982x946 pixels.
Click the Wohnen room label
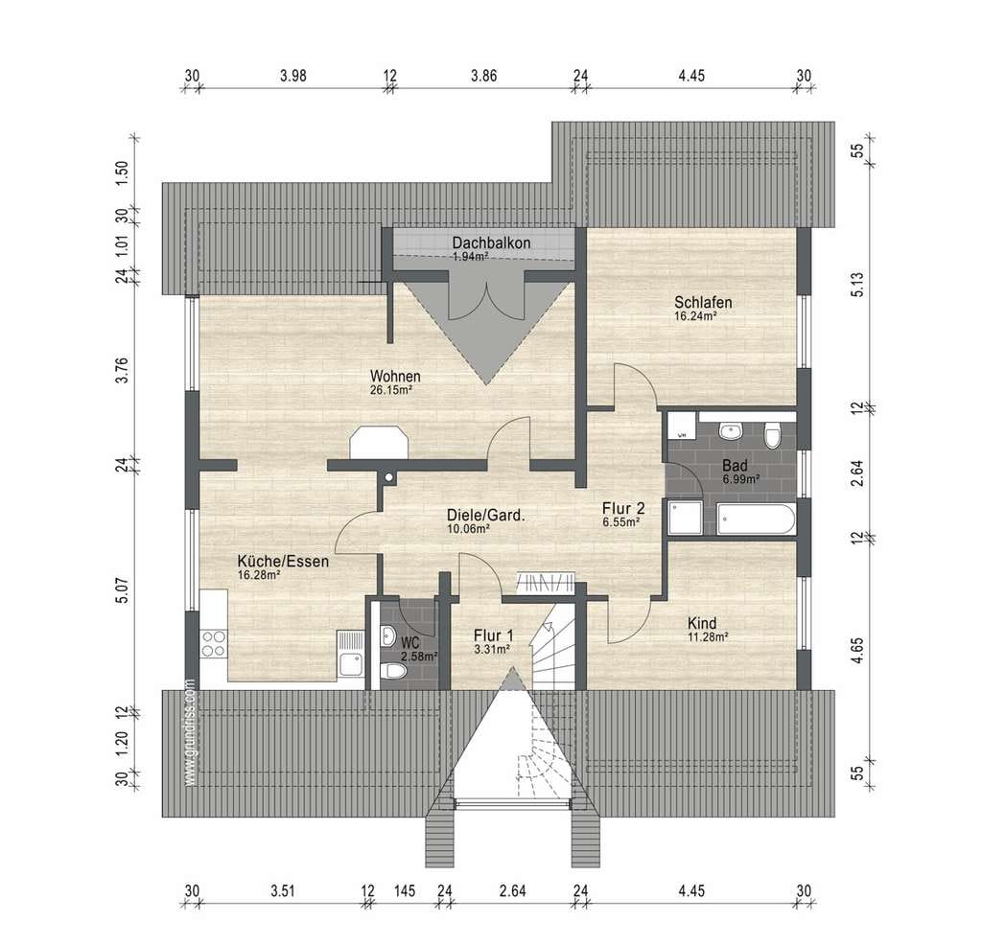pyautogui.click(x=395, y=377)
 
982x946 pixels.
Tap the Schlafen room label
pyautogui.click(x=703, y=303)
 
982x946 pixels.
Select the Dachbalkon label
pyautogui.click(x=492, y=242)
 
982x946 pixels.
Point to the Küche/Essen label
pyautogui.click(x=283, y=561)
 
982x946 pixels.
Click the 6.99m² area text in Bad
pyautogui.click(x=741, y=479)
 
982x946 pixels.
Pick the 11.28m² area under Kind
pyautogui.click(x=708, y=637)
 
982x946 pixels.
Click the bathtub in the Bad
pyautogui.click(x=756, y=519)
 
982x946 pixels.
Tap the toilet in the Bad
pyautogui.click(x=773, y=434)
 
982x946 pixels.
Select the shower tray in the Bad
pyautogui.click(x=685, y=518)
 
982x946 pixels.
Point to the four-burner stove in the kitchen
pyautogui.click(x=214, y=643)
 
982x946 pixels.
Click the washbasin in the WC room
pyautogui.click(x=387, y=637)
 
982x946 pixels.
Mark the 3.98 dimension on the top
pyautogui.click(x=293, y=76)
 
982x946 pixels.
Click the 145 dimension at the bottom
pyautogui.click(x=405, y=890)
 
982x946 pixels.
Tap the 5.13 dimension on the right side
pyautogui.click(x=858, y=285)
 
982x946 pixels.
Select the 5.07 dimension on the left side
pyautogui.click(x=122, y=589)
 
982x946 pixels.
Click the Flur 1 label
pyautogui.click(x=493, y=636)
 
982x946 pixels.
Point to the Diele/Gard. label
pyautogui.click(x=485, y=516)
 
